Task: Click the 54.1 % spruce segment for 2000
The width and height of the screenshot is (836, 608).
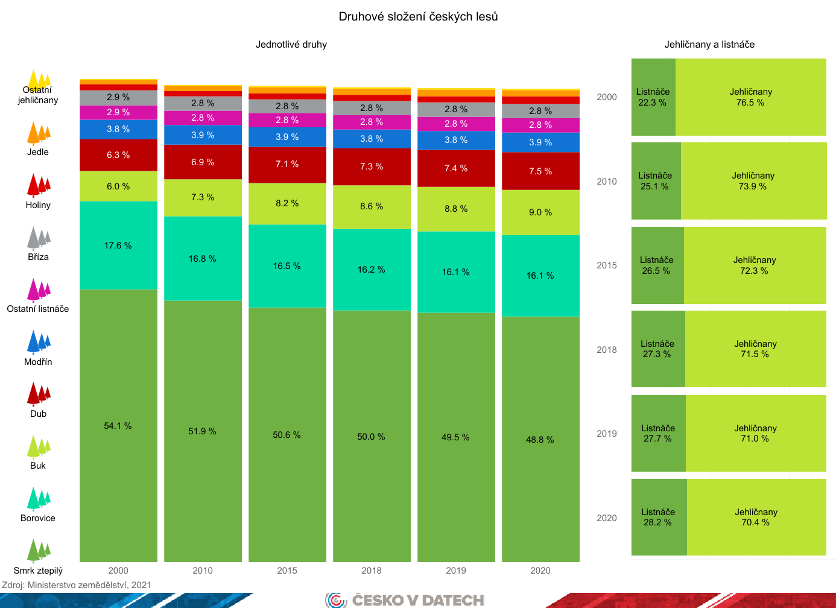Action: [118, 425]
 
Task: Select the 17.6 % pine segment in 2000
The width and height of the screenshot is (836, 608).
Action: [118, 245]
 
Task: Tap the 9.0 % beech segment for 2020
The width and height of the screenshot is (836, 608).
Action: [540, 212]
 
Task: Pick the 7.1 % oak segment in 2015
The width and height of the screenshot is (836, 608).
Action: [287, 164]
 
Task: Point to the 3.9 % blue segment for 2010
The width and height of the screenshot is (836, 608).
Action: [203, 135]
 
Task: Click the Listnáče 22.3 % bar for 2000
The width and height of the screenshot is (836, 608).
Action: [653, 97]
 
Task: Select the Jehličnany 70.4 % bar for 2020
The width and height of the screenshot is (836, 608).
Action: [756, 518]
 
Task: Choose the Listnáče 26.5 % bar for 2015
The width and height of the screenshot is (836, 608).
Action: [657, 265]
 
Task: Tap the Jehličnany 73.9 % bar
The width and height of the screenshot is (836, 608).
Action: [753, 181]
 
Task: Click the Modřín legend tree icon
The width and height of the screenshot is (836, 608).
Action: [38, 342]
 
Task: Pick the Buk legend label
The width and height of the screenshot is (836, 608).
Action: [38, 466]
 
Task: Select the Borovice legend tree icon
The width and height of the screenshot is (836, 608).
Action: [38, 499]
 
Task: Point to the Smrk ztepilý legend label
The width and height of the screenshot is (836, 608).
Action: [38, 571]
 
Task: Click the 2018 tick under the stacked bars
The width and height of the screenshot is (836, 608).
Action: [372, 571]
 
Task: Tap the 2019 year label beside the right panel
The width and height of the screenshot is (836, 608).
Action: [607, 434]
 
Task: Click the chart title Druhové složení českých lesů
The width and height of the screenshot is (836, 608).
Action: [418, 17]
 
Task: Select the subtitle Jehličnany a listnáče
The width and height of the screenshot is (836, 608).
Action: [709, 45]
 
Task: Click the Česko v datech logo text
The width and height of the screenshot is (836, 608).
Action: [418, 600]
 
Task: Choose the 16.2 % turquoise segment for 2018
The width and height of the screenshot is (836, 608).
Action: [372, 270]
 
